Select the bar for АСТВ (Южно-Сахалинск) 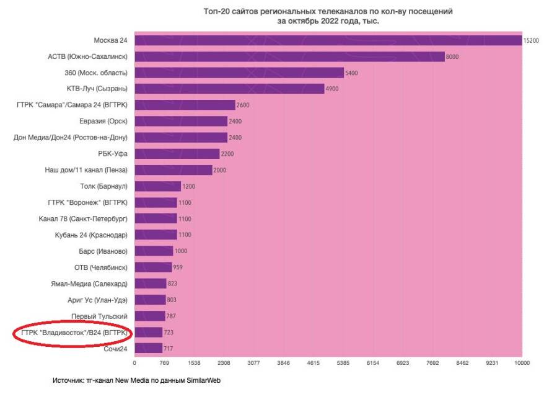click(x=289, y=56)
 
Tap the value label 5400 click(x=352, y=73)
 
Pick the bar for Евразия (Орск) click(x=181, y=121)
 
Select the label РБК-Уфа click(x=113, y=153)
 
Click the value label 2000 click(x=220, y=170)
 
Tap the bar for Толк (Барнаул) click(x=157, y=186)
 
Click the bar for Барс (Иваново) click(x=154, y=251)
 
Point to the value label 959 click(x=178, y=267)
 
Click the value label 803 click(x=172, y=300)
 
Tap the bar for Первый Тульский click(x=150, y=316)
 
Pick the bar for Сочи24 click(x=148, y=348)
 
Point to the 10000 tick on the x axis click(x=521, y=362)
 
